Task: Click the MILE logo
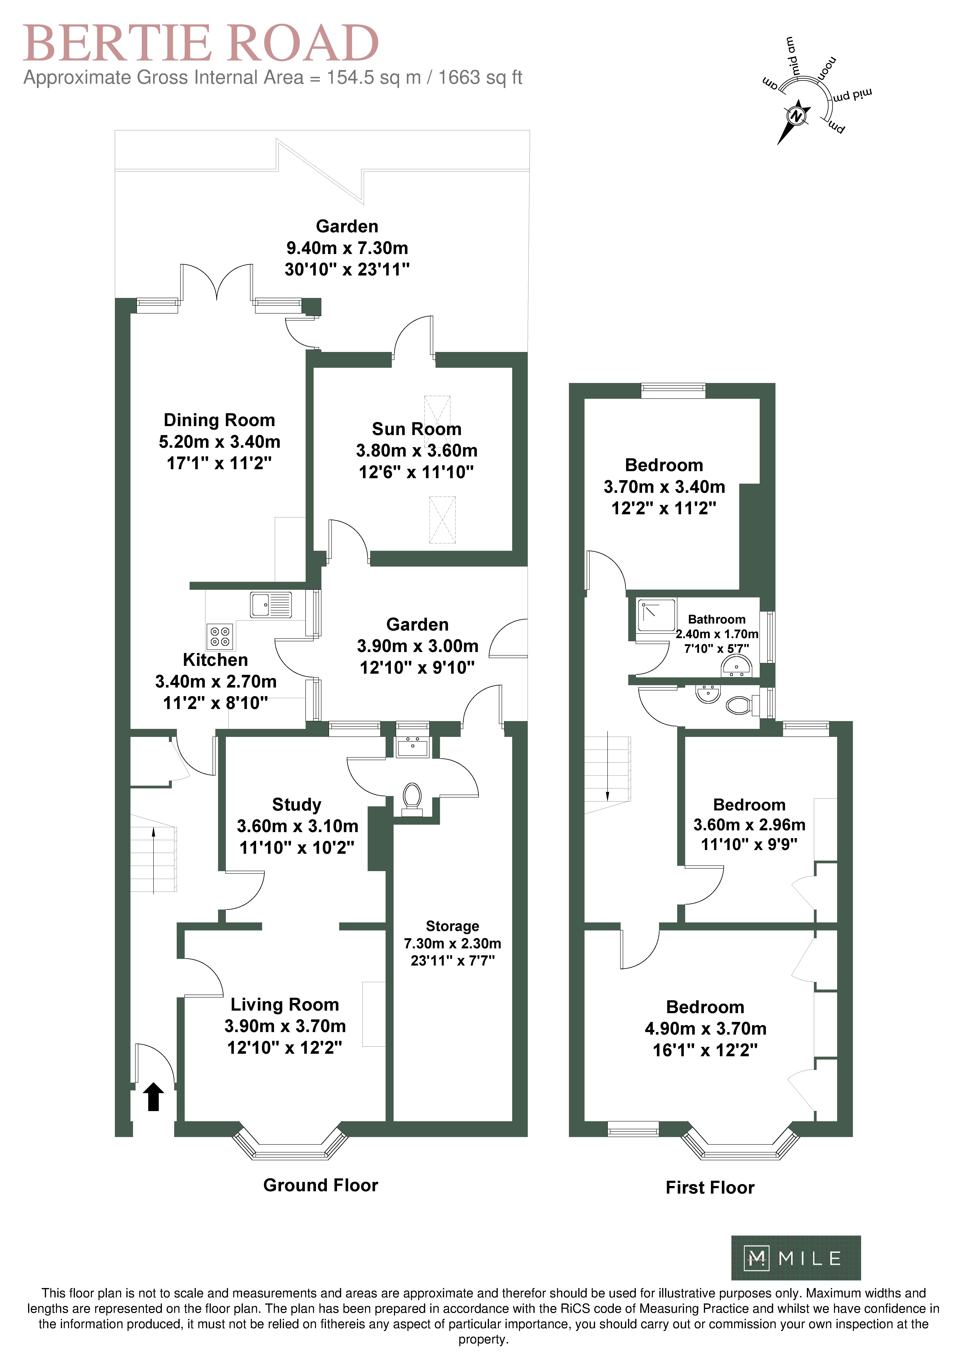click(x=796, y=1258)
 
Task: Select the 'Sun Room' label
click(x=417, y=429)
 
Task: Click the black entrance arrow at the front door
click(x=154, y=1097)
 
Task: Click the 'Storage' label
click(x=452, y=926)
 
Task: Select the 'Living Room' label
click(x=285, y=1005)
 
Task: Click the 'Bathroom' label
click(x=717, y=619)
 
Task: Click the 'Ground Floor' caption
click(x=321, y=1185)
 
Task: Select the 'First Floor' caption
click(x=710, y=1187)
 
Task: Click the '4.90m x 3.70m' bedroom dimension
click(x=705, y=1029)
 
